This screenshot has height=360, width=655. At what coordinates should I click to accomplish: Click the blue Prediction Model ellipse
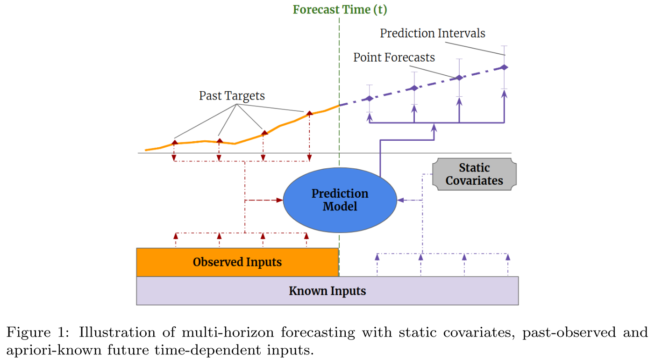[x=340, y=200]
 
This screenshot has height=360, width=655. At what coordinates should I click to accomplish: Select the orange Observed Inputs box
[x=237, y=262]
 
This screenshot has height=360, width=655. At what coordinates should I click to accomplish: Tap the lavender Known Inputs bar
[x=327, y=291]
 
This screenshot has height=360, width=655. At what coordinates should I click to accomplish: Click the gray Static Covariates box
[x=474, y=174]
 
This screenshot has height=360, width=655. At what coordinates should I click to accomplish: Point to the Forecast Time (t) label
[x=340, y=9]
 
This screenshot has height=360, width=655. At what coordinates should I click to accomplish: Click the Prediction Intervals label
[x=432, y=34]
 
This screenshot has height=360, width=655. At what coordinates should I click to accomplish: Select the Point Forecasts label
[x=394, y=58]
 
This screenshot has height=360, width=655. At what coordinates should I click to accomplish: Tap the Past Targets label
[x=232, y=96]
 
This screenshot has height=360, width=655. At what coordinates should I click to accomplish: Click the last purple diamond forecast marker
[x=504, y=67]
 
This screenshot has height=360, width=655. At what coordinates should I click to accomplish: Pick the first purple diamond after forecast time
[x=370, y=98]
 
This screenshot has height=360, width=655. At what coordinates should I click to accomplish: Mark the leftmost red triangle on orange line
[x=174, y=142]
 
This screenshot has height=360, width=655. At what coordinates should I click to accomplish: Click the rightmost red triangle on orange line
[x=309, y=113]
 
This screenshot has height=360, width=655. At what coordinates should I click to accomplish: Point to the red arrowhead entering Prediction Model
[x=280, y=200]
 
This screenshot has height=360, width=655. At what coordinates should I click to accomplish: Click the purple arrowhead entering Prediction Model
[x=400, y=200]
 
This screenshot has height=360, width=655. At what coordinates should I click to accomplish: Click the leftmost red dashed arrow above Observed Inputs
[x=176, y=237]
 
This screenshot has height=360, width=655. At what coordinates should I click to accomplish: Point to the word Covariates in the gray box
[x=474, y=181]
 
